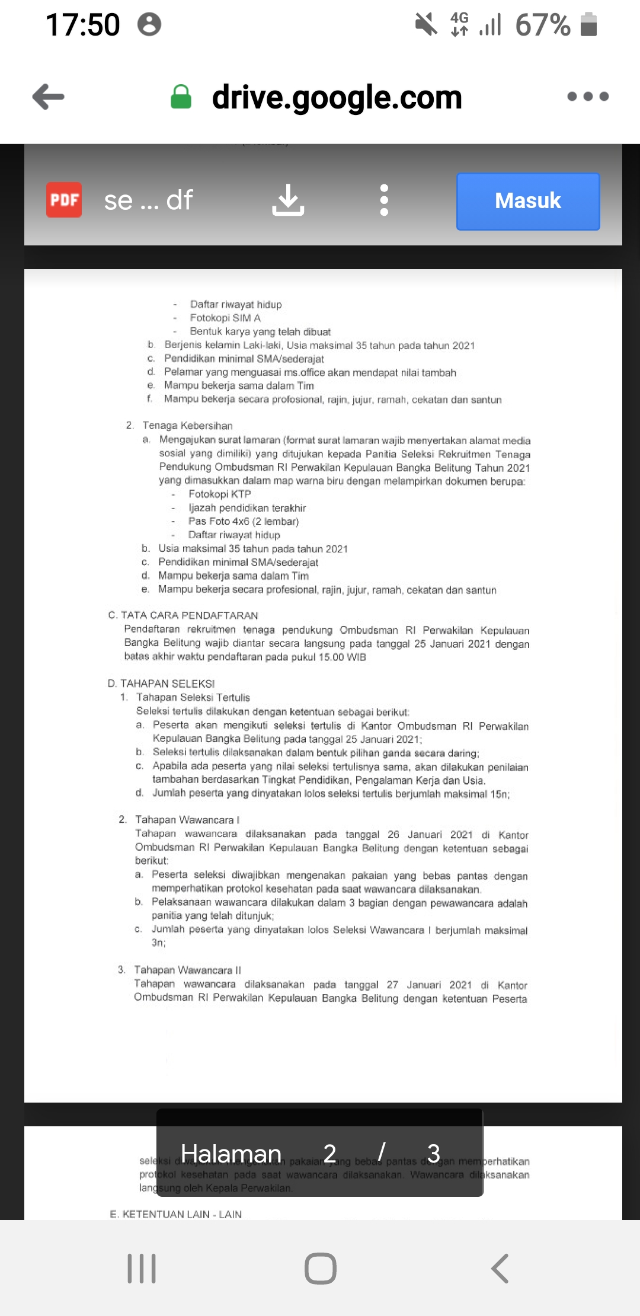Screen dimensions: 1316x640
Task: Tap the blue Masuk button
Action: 527,201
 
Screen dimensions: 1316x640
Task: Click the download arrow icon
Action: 288,200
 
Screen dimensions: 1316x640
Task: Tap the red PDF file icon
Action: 64,200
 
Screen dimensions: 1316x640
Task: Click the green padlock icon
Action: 181,97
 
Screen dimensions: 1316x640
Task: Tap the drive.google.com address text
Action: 337,97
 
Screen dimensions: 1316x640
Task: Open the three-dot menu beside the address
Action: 587,97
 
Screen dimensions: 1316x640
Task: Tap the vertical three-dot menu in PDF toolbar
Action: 384,200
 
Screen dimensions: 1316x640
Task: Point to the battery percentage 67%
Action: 542,25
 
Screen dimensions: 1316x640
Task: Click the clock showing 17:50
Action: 82,25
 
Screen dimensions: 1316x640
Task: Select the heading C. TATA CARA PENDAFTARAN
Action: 184,615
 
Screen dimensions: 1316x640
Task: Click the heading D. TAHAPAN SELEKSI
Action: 161,683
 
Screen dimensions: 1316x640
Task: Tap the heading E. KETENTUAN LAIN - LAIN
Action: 176,1214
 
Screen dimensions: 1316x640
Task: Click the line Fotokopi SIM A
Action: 225,318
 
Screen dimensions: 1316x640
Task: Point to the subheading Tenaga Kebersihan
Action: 187,426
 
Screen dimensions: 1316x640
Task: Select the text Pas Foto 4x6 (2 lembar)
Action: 244,522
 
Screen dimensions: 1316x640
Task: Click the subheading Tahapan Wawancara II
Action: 187,970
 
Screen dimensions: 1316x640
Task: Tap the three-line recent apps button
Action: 142,1269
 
